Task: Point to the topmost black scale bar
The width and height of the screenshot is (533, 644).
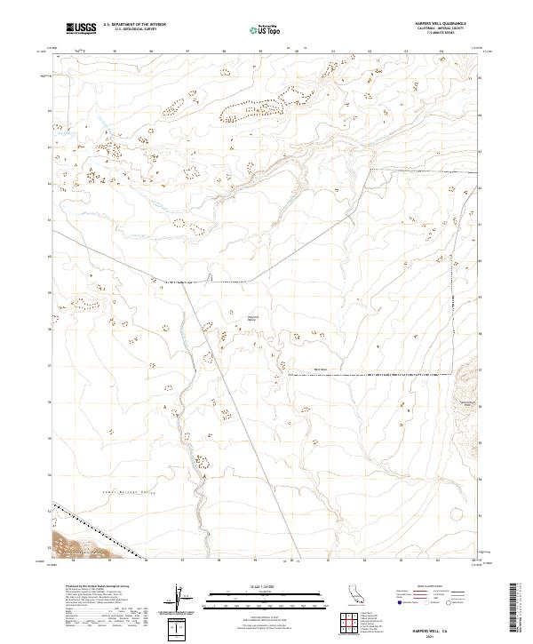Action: [x=254, y=592]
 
